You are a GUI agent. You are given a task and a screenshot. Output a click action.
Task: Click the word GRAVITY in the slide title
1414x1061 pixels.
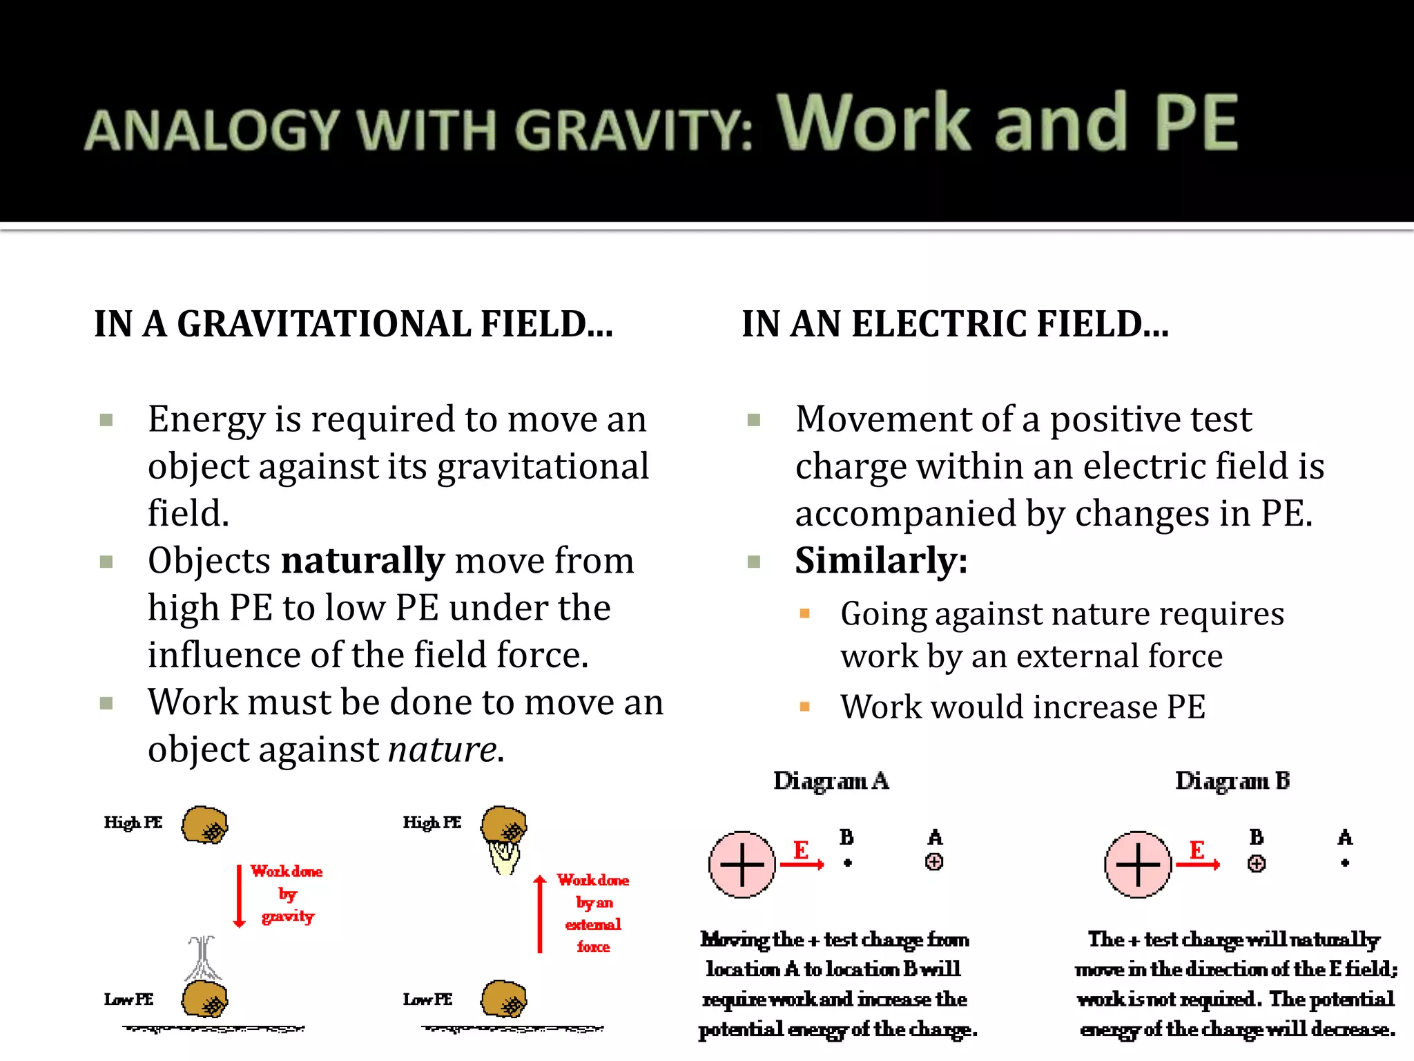point(634,130)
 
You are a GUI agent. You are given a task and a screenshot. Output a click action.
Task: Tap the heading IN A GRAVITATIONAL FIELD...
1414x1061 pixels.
point(353,324)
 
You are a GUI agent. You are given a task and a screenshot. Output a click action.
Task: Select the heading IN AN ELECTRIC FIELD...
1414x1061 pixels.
point(956,324)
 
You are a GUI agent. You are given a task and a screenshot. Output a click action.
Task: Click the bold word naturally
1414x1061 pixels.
point(362,560)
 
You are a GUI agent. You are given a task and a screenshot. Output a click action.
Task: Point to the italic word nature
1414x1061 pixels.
point(442,749)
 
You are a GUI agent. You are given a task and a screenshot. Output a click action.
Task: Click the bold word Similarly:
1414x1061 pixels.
point(881,560)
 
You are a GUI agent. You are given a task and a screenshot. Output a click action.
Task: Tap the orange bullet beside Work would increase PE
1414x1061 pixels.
point(804,707)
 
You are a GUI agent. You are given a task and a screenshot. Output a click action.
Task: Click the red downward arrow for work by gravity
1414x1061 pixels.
point(240,895)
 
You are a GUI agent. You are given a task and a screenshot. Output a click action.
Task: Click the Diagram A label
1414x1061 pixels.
point(831,781)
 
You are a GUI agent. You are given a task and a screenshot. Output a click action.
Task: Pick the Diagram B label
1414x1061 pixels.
point(1232,781)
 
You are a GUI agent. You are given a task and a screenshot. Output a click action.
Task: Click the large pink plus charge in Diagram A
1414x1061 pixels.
point(742,864)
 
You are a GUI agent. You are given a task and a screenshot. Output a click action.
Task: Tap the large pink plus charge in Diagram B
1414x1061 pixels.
point(1138,864)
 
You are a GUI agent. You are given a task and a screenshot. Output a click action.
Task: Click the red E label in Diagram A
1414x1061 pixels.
point(801,850)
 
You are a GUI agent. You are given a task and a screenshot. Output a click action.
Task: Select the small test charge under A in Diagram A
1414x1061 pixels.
point(934,862)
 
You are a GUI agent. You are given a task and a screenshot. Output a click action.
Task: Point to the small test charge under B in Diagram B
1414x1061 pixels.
point(1257,863)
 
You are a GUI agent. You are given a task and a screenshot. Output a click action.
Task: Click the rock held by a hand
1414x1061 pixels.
point(504,824)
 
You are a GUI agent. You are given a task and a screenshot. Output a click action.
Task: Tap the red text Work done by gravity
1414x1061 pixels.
point(287,893)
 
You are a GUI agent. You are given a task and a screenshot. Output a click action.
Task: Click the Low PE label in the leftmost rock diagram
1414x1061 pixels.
point(128,1000)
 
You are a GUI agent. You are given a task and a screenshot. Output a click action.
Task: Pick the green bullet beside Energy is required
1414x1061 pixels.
point(106,420)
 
